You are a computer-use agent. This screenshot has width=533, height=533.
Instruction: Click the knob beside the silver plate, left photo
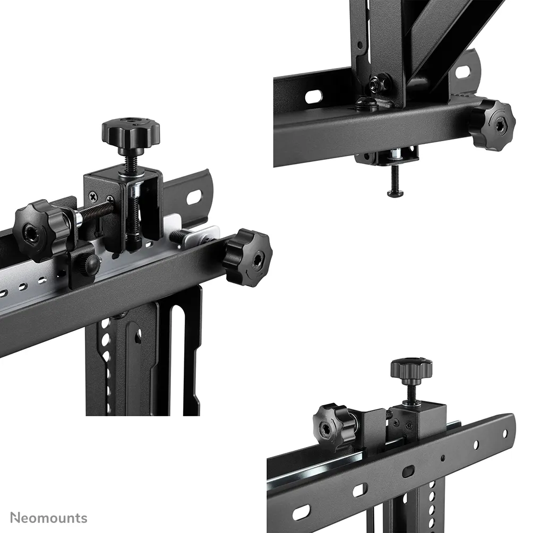click(247, 257)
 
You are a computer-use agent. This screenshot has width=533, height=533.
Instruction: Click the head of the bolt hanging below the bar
click(396, 194)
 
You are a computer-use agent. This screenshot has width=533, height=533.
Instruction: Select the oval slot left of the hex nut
click(313, 96)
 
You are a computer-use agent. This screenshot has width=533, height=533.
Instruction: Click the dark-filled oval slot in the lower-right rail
click(408, 471)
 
